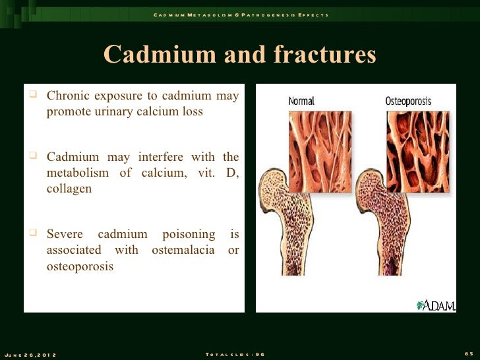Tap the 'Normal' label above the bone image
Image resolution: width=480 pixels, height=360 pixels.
click(302, 101)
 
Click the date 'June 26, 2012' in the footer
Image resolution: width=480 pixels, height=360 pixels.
click(30, 355)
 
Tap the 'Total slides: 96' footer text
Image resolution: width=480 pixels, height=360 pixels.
click(235, 355)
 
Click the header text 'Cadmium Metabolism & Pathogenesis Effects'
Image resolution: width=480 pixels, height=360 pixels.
click(240, 15)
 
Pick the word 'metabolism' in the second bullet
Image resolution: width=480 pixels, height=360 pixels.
click(78, 173)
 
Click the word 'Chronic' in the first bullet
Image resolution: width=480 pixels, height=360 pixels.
click(69, 96)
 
